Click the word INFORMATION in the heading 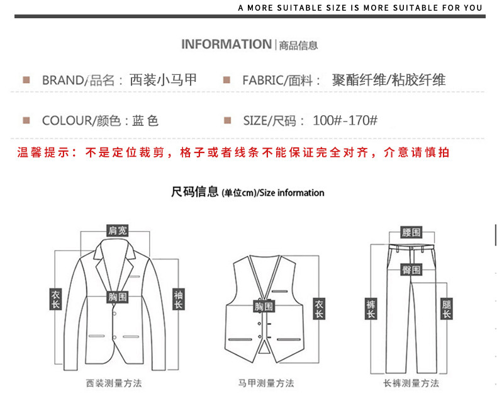tap(226, 44)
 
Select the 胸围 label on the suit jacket tap(117, 296)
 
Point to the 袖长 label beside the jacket tap(179, 300)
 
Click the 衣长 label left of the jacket tap(55, 300)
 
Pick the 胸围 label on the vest tap(264, 307)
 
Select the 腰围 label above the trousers tap(411, 232)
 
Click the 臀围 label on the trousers tap(411, 269)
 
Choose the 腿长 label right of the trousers tap(447, 309)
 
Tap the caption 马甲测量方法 tap(265, 383)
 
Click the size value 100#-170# tap(345, 120)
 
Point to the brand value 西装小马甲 tap(163, 80)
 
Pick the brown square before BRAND tap(26, 80)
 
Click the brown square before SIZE tap(228, 120)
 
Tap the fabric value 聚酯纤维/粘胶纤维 tap(388, 80)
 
